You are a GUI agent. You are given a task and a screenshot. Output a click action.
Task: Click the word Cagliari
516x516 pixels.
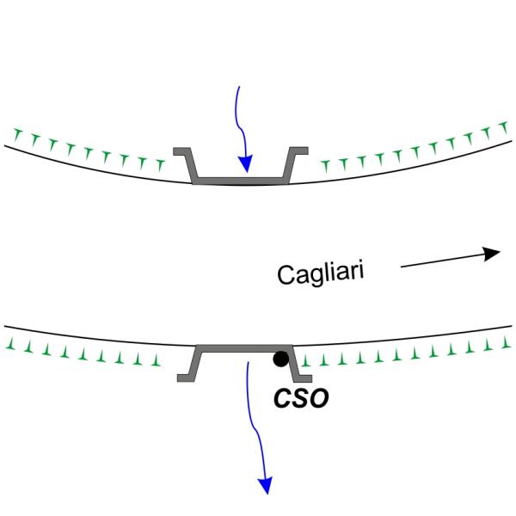[x=321, y=273]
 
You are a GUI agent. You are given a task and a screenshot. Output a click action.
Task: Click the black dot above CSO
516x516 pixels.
[x=280, y=359]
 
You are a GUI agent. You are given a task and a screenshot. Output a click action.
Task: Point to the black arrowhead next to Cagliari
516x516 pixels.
[x=491, y=254]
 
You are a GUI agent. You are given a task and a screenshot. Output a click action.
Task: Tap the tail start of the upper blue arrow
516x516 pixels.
[x=237, y=89]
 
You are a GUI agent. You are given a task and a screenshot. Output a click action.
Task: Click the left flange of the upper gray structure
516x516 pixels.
[x=183, y=151]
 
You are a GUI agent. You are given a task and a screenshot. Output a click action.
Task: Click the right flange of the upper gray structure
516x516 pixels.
[x=298, y=151]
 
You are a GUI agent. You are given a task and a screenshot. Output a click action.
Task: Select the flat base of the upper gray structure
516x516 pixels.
[x=241, y=181]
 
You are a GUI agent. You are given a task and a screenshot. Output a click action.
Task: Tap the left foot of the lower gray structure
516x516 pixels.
[x=187, y=376]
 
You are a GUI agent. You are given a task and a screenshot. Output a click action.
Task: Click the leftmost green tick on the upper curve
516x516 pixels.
[x=17, y=132]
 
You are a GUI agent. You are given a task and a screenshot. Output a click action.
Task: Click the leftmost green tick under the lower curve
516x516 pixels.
[x=12, y=344]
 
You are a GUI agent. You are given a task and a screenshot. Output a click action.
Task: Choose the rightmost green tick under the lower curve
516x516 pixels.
[x=504, y=343]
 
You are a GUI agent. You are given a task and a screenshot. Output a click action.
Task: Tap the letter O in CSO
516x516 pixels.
[x=317, y=400]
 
